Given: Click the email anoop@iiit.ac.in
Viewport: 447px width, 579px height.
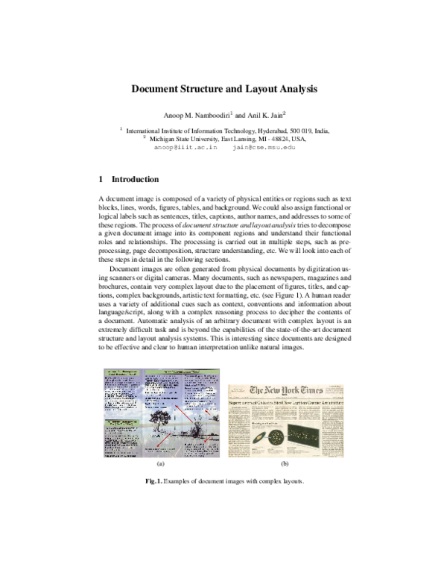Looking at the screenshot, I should (185, 148).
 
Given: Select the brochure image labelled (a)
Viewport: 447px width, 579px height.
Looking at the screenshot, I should (161, 414).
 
